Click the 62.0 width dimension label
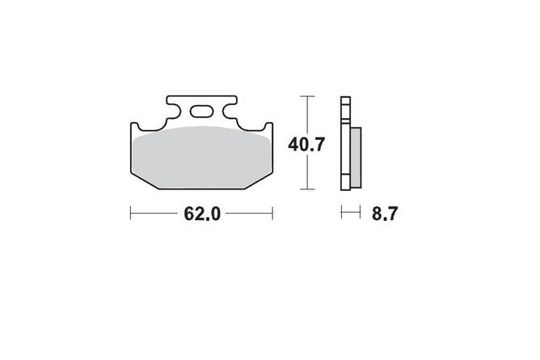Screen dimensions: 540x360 click(x=202, y=214)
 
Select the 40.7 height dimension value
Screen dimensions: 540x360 click(x=306, y=144)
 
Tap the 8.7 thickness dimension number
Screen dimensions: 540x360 click(x=385, y=214)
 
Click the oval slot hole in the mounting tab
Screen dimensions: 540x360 click(x=200, y=112)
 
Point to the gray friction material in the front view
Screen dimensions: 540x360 click(x=201, y=158)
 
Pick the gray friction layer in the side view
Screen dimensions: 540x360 click(x=356, y=157)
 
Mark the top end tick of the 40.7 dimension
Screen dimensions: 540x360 click(x=307, y=96)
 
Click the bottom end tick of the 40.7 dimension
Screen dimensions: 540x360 click(x=307, y=189)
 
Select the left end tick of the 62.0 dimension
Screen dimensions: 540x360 click(x=130, y=213)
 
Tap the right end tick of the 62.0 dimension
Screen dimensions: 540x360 click(x=272, y=213)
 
